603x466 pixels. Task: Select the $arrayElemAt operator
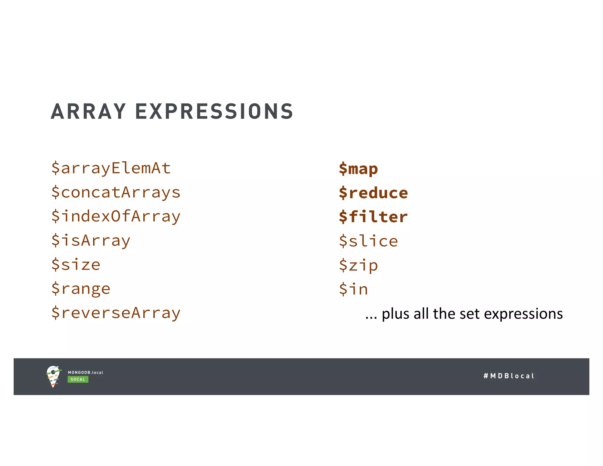click(x=111, y=168)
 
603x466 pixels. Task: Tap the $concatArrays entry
click(x=116, y=192)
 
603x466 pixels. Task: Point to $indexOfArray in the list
click(x=116, y=217)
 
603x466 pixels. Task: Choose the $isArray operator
click(x=91, y=240)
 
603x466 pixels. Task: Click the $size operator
click(x=76, y=265)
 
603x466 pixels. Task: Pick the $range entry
click(x=81, y=289)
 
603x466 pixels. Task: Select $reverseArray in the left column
click(x=116, y=313)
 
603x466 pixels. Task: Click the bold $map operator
click(x=358, y=169)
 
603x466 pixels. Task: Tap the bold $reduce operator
click(x=373, y=193)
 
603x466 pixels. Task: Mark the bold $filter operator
click(x=373, y=217)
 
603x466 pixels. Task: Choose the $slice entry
click(x=368, y=241)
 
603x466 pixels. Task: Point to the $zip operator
click(x=358, y=265)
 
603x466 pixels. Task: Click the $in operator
click(x=353, y=289)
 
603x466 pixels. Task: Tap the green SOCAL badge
click(x=78, y=379)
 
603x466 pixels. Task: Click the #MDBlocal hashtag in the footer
click(x=509, y=376)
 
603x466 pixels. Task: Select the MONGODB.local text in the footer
click(x=85, y=373)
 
